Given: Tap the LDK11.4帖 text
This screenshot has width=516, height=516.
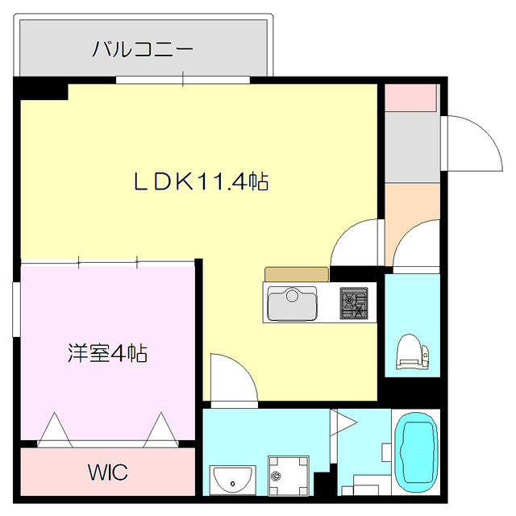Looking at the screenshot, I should [200, 182].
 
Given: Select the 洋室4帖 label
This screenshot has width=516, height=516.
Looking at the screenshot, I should [107, 352].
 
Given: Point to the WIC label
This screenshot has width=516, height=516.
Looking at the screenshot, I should [108, 472].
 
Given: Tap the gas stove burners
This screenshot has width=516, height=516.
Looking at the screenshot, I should [352, 303].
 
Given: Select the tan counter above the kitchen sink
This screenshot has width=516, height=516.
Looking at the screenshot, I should [296, 274].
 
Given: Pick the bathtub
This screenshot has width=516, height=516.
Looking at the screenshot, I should [417, 452].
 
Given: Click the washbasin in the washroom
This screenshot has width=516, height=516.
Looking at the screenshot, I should [232, 480].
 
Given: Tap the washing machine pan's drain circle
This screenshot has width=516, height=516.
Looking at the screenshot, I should [277, 476].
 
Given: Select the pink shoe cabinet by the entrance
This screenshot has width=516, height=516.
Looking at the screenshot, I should [410, 96].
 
